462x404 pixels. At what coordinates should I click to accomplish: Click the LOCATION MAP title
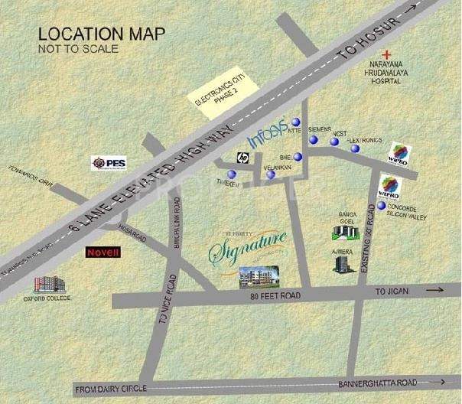[x=89, y=34]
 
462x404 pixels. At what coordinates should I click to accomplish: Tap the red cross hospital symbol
[x=390, y=54]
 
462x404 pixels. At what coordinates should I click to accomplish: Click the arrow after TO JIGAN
[x=434, y=290]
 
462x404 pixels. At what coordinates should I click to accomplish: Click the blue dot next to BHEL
[x=298, y=158]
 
